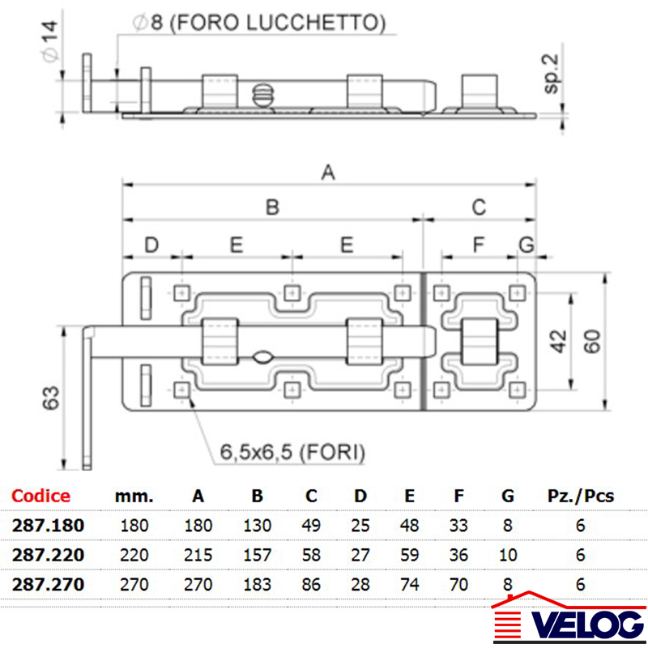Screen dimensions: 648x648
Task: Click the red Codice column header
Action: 40,496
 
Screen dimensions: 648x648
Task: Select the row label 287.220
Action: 48,555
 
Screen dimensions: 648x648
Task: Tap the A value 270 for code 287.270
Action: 198,584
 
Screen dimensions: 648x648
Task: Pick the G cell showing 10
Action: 508,555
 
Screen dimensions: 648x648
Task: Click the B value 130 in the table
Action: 257,525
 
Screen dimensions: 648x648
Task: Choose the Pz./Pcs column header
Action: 581,496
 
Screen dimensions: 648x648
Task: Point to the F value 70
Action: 458,584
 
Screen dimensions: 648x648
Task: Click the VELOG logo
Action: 569,617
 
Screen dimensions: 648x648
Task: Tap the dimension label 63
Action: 51,398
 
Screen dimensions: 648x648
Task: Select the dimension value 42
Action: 559,341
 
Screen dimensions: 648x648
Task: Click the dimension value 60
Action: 593,341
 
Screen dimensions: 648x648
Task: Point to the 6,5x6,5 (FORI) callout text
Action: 292,452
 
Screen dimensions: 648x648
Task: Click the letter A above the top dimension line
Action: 328,173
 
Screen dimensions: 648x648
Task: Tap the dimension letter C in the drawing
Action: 479,207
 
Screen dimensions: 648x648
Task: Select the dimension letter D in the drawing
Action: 151,245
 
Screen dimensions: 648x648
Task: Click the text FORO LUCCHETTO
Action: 278,23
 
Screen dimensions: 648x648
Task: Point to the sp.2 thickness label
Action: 552,74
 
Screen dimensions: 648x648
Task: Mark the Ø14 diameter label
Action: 50,42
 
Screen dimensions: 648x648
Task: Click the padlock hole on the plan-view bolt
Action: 262,357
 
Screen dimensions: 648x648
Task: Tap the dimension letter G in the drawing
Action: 526,245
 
